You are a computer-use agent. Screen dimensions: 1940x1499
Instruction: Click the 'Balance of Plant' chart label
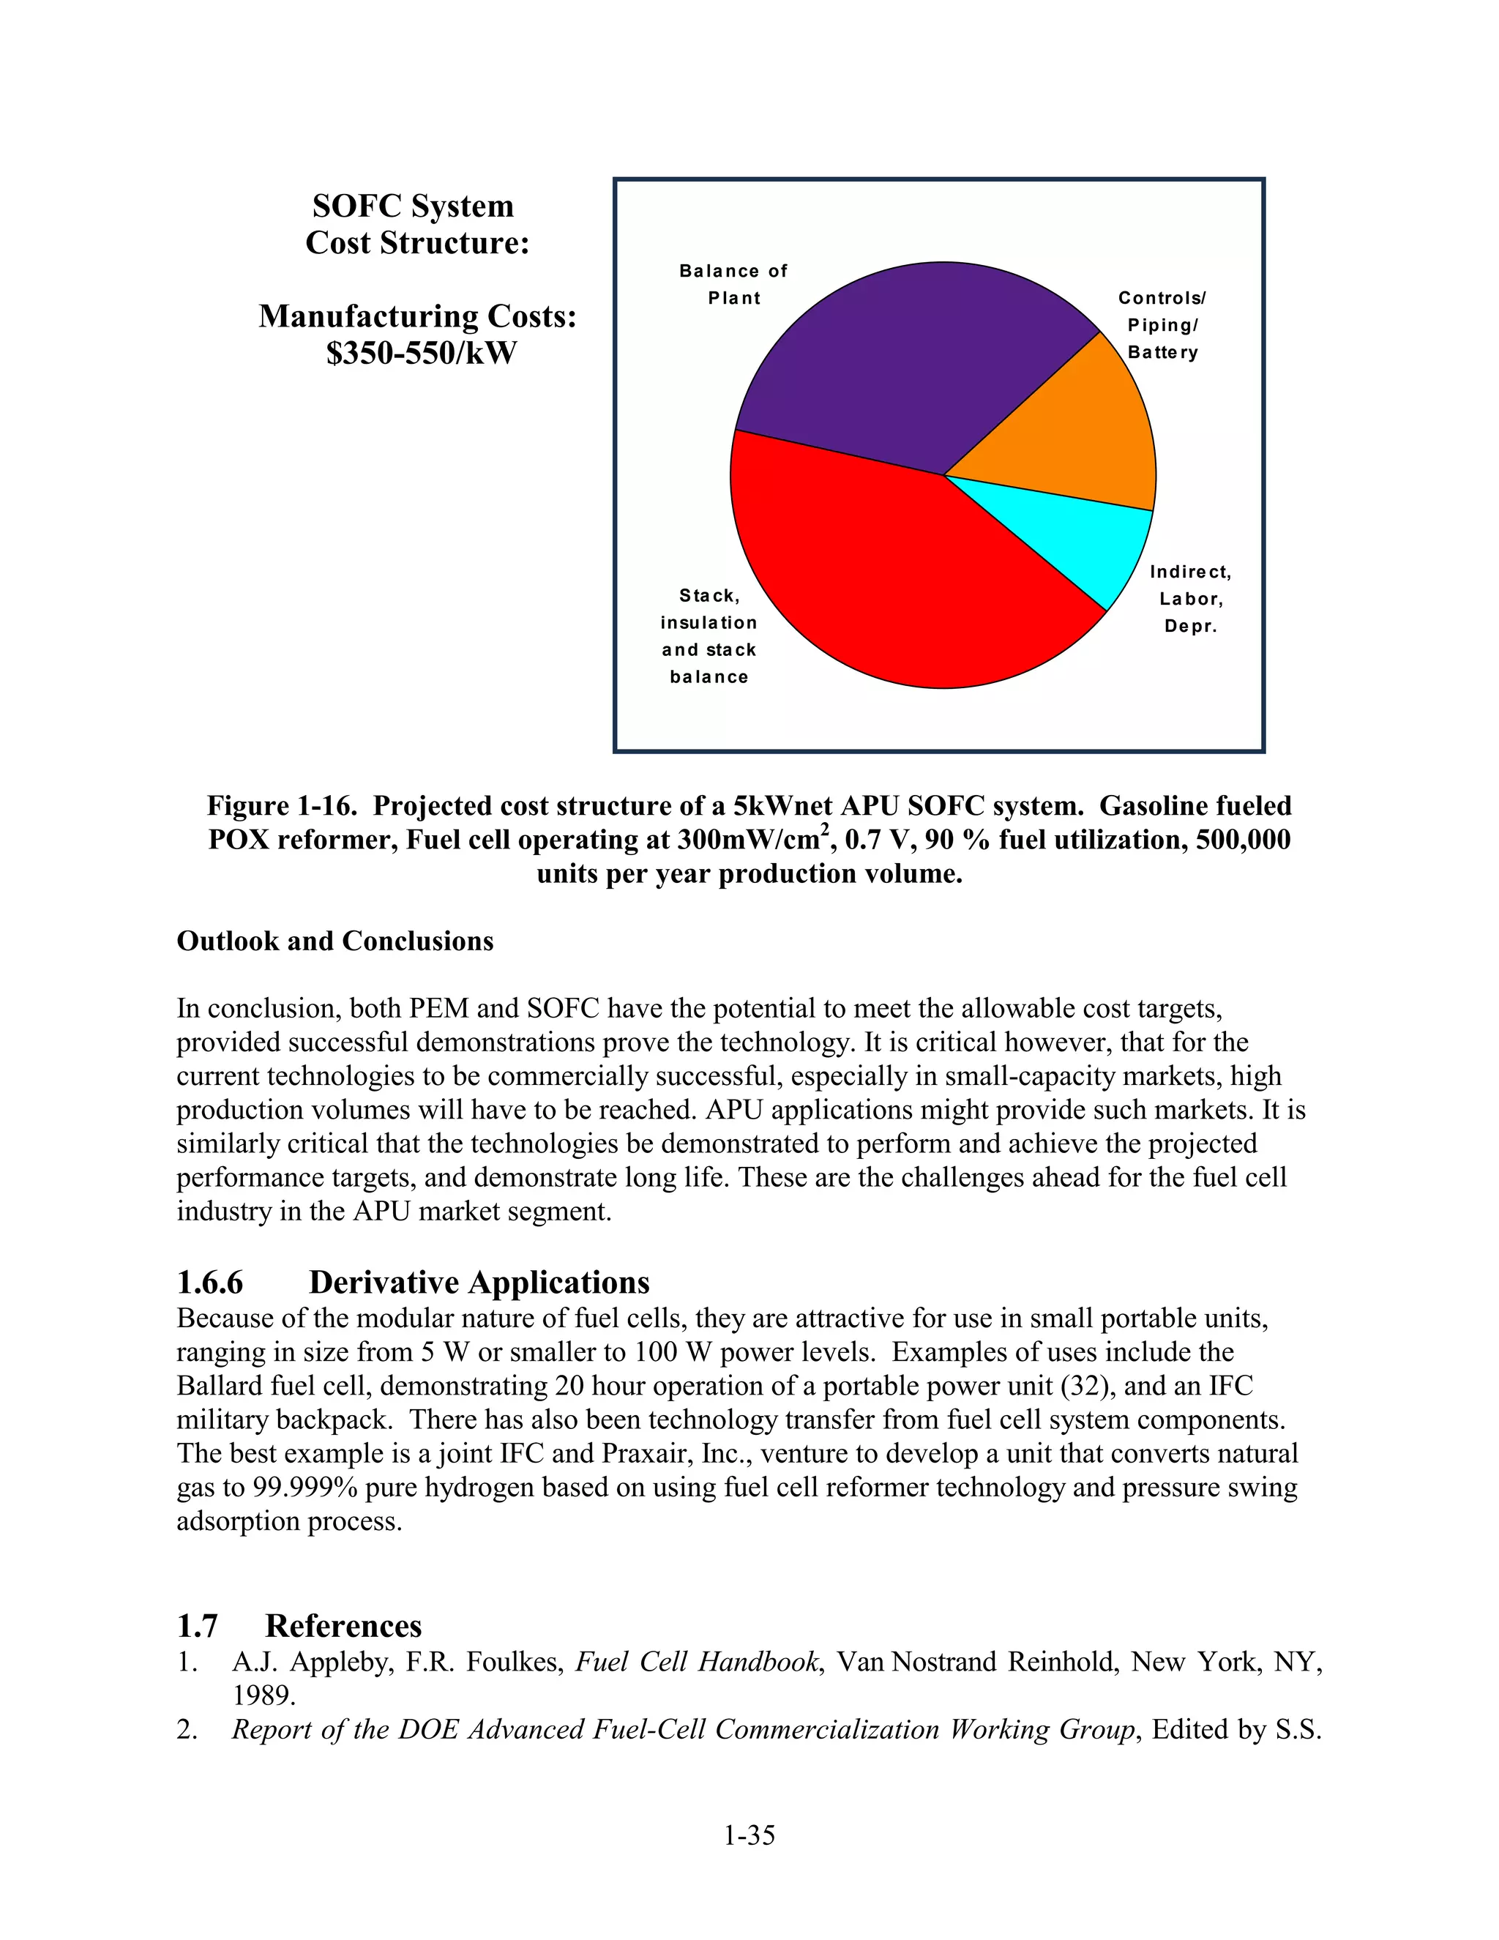[x=733, y=284]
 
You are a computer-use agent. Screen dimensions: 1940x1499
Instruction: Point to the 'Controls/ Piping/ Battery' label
[x=1162, y=325]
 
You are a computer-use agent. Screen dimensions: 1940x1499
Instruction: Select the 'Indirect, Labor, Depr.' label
[x=1191, y=599]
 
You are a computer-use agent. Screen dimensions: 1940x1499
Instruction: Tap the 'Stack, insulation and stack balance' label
[x=709, y=636]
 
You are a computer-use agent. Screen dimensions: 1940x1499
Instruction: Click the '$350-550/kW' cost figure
[x=421, y=354]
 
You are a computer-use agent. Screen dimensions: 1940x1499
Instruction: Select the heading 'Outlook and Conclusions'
[x=334, y=941]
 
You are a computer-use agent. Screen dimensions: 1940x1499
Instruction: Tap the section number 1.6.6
[x=209, y=1283]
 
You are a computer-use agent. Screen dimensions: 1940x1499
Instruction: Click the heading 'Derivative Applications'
[x=479, y=1283]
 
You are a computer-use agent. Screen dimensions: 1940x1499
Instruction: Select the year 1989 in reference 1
[x=263, y=1695]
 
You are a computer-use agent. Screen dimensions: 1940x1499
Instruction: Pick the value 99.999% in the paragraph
[x=304, y=1487]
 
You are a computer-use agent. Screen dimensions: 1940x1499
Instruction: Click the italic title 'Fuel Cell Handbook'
[x=696, y=1661]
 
